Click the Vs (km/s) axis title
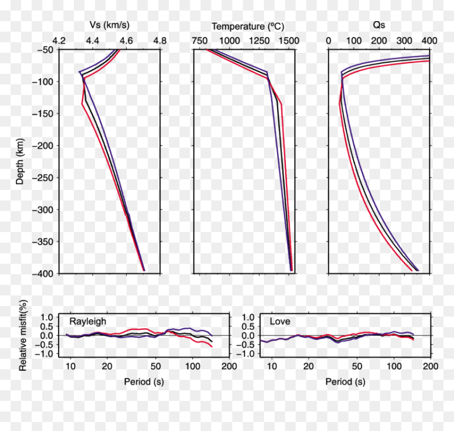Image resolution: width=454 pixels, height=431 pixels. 109,25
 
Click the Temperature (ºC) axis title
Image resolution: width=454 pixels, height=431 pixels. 248,26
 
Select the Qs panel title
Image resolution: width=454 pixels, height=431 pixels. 379,25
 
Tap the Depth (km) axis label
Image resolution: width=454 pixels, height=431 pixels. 20,161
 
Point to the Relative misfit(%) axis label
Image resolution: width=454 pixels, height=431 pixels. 23,336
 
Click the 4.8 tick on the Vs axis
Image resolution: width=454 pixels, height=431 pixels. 160,41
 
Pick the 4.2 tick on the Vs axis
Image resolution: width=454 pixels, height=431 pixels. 59,41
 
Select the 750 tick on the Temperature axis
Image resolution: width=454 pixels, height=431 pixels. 200,41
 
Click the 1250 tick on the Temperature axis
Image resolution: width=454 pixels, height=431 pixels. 259,41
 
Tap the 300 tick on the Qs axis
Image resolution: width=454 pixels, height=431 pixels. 404,41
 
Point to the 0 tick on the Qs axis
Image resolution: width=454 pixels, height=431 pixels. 328,41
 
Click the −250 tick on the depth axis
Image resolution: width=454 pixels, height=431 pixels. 43,178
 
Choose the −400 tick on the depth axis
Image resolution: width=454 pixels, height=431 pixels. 43,274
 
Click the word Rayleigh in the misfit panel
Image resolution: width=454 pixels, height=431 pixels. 88,322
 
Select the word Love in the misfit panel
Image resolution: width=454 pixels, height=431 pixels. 280,321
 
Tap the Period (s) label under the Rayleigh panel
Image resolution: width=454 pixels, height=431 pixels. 144,382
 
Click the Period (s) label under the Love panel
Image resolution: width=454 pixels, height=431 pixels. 345,382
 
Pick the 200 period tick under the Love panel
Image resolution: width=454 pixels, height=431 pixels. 431,367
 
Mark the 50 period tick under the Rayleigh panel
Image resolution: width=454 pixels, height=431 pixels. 156,367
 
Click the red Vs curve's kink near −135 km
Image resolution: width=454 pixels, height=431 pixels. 82,104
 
